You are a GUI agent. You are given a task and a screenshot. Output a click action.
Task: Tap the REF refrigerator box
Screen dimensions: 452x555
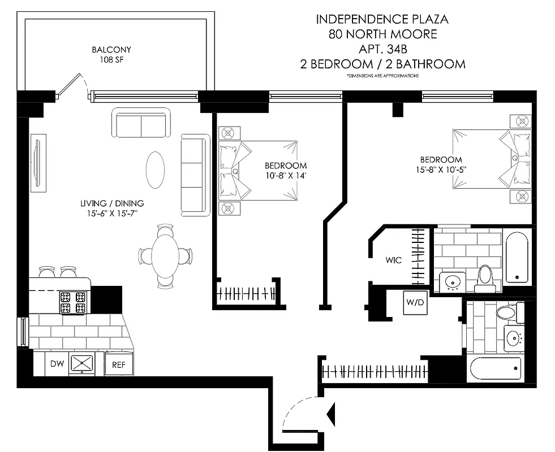118,365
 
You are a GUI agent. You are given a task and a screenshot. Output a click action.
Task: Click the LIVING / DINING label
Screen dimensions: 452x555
111,203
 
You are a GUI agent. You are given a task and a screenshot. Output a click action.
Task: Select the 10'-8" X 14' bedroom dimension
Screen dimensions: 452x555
286,175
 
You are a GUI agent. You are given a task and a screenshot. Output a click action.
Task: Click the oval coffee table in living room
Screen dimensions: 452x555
156,170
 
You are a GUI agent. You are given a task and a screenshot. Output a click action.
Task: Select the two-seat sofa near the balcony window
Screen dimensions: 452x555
141,122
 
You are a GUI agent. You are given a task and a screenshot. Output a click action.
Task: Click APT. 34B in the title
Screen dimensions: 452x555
382,49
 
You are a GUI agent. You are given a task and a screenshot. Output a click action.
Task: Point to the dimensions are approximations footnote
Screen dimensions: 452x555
382,76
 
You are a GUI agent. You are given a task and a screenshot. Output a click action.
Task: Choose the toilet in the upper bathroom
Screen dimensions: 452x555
485,277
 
